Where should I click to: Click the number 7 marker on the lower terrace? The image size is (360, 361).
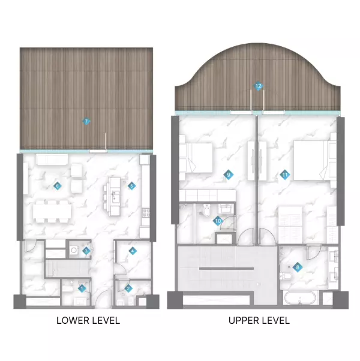coord(87,122)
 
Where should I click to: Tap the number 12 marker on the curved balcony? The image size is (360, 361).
coord(259,86)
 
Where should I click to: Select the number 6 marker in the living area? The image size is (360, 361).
coord(58,186)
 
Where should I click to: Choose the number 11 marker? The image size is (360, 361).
coord(284,175)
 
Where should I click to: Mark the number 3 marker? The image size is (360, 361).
coord(86,251)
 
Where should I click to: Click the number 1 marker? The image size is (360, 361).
coord(82,288)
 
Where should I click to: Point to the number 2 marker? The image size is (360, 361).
coord(128,288)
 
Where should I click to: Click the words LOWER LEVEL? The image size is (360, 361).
coord(88,320)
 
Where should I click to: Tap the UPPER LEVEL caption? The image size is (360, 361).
coord(259,320)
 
